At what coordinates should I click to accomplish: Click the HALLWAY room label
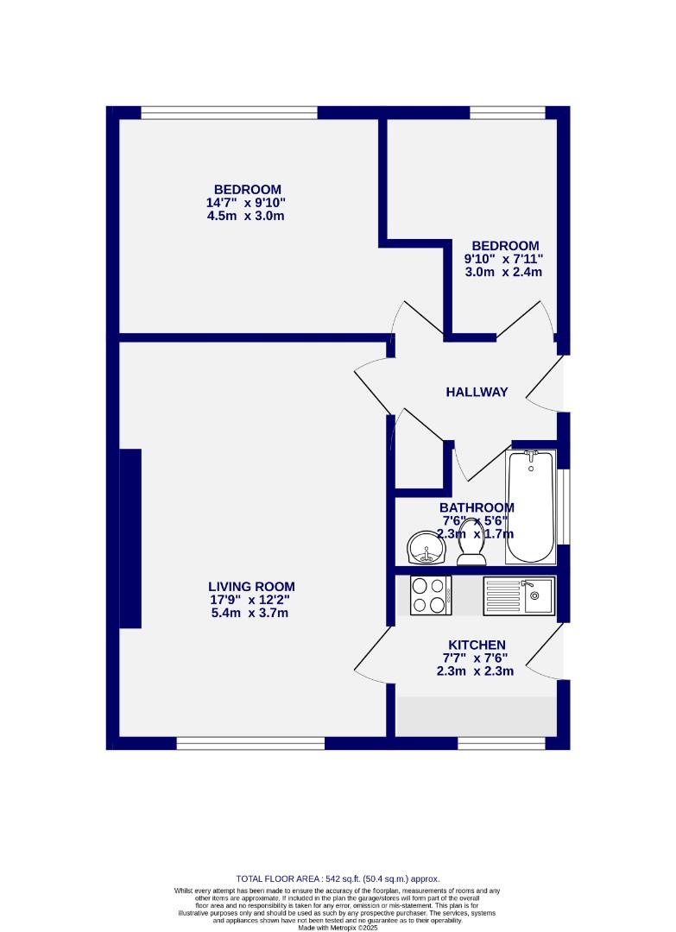477,392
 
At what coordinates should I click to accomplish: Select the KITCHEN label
477,645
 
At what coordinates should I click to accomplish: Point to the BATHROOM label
477,507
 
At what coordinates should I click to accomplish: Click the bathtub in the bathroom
530,507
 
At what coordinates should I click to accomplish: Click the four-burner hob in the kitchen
430,595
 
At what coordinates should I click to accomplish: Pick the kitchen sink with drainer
519,595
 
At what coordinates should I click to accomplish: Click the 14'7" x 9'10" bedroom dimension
246,203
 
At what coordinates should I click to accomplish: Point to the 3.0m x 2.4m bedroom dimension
503,272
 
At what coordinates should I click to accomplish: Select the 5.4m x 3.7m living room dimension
250,614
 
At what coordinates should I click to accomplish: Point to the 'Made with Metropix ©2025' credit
338,928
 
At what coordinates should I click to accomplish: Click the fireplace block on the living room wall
130,538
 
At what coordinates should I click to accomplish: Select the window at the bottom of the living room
250,742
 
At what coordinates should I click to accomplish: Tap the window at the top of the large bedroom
229,112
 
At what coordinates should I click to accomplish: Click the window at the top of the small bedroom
508,112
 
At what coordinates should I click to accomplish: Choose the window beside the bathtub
563,507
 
